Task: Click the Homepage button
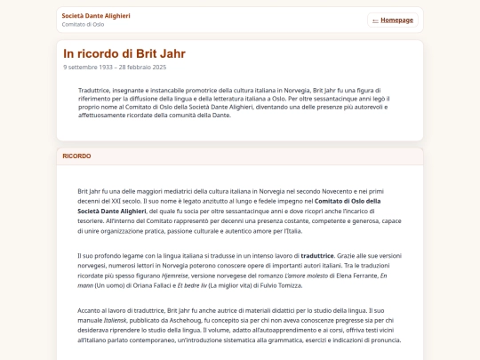click(x=393, y=20)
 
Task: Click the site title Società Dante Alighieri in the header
click(x=96, y=15)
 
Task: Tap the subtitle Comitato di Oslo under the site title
click(x=83, y=24)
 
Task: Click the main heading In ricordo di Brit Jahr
click(x=124, y=53)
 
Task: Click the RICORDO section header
click(x=76, y=156)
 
